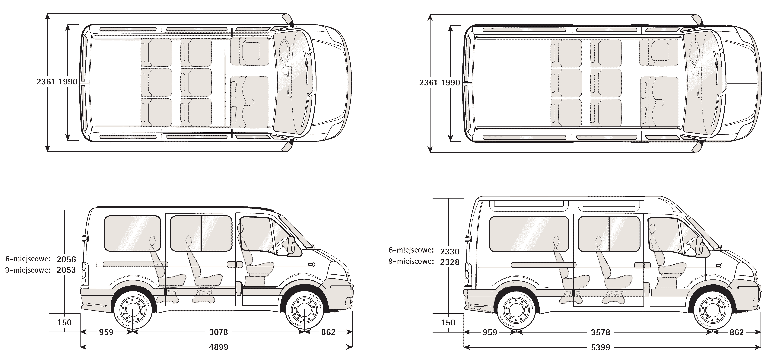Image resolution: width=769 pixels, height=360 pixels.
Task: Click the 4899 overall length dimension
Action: (x=218, y=347)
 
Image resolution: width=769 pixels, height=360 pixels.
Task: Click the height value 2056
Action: (x=66, y=259)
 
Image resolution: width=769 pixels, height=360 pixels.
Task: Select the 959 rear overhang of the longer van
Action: (x=490, y=332)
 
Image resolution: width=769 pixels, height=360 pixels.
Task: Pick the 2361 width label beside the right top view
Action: (x=428, y=82)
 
